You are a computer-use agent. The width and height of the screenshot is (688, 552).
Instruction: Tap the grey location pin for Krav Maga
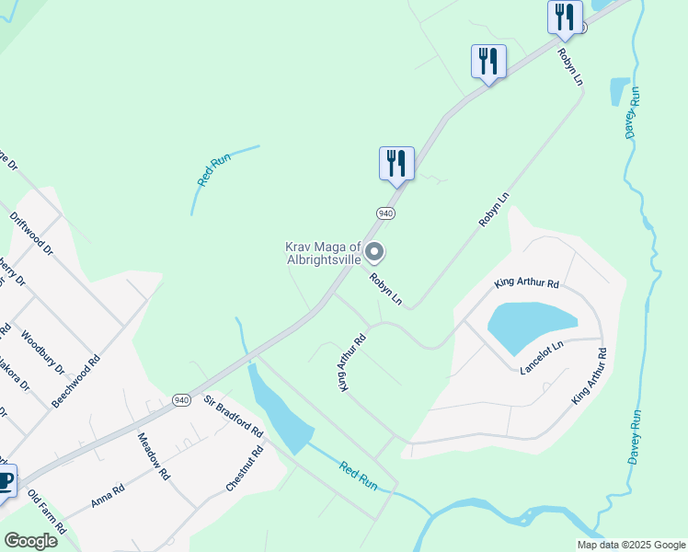[x=374, y=251]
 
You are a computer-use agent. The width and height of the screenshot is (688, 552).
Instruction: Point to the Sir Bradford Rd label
[x=235, y=416]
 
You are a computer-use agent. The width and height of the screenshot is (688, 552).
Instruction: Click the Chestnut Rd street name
[x=244, y=469]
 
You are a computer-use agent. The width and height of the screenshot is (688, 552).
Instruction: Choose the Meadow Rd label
[x=155, y=457]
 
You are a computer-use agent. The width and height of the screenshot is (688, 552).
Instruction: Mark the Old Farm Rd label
[x=47, y=513]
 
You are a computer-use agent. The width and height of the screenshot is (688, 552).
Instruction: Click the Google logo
[x=30, y=541]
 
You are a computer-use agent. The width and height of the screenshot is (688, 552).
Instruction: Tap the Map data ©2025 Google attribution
[x=631, y=545]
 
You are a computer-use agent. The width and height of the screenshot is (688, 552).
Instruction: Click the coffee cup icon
[x=5, y=481]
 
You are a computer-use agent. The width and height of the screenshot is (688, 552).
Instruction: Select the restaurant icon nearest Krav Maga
[x=396, y=164]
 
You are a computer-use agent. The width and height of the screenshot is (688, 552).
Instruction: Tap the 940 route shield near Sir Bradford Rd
[x=181, y=399]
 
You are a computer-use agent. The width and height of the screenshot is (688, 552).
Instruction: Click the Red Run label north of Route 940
[x=213, y=171]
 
